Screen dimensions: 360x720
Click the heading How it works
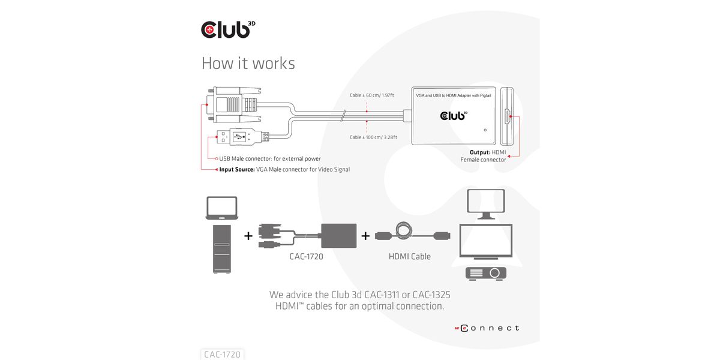248,64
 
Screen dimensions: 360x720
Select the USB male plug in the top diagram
240,137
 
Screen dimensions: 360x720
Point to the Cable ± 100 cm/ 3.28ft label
374,137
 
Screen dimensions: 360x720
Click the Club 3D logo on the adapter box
453,115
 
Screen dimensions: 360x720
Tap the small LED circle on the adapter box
484,128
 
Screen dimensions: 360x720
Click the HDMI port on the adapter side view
507,116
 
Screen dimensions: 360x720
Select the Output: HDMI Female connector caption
483,156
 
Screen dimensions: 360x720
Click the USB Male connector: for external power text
269,159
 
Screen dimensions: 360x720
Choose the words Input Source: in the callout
237,170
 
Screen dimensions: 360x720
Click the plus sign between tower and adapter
248,236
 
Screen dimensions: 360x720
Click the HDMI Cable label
410,257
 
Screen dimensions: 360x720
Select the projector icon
486,273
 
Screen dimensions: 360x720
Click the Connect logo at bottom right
486,328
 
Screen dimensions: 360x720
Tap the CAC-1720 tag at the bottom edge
222,355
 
